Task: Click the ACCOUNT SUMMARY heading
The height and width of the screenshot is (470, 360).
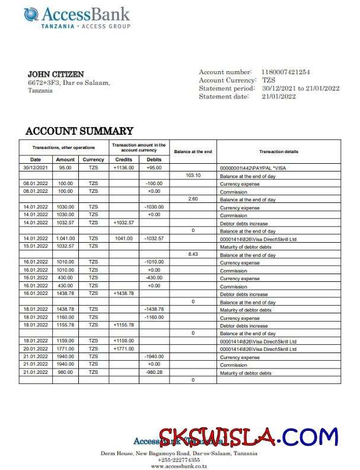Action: point(79,131)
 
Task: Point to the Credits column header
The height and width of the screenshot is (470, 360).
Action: point(123,160)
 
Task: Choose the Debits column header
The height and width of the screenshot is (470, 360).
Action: point(154,160)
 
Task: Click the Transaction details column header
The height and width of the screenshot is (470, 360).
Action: point(279,152)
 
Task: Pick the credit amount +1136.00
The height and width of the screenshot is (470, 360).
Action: point(123,168)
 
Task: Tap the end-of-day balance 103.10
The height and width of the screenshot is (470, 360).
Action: point(193,176)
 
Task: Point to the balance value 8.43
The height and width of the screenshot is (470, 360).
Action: point(193,255)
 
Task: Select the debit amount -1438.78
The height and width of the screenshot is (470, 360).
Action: point(154,309)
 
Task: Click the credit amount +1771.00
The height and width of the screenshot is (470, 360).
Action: point(123,349)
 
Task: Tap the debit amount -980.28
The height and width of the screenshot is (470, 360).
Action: point(154,373)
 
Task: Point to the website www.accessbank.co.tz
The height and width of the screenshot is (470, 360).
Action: point(179,466)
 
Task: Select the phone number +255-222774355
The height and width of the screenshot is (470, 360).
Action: point(179,459)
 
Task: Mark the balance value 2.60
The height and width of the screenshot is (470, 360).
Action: point(193,199)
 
